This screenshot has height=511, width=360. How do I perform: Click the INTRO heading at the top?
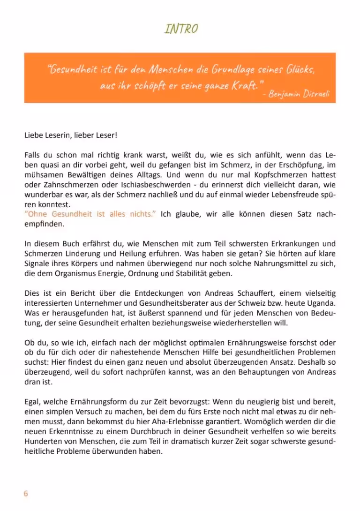[181, 29]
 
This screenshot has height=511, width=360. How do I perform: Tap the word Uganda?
[322, 303]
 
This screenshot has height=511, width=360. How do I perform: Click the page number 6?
[26, 493]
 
